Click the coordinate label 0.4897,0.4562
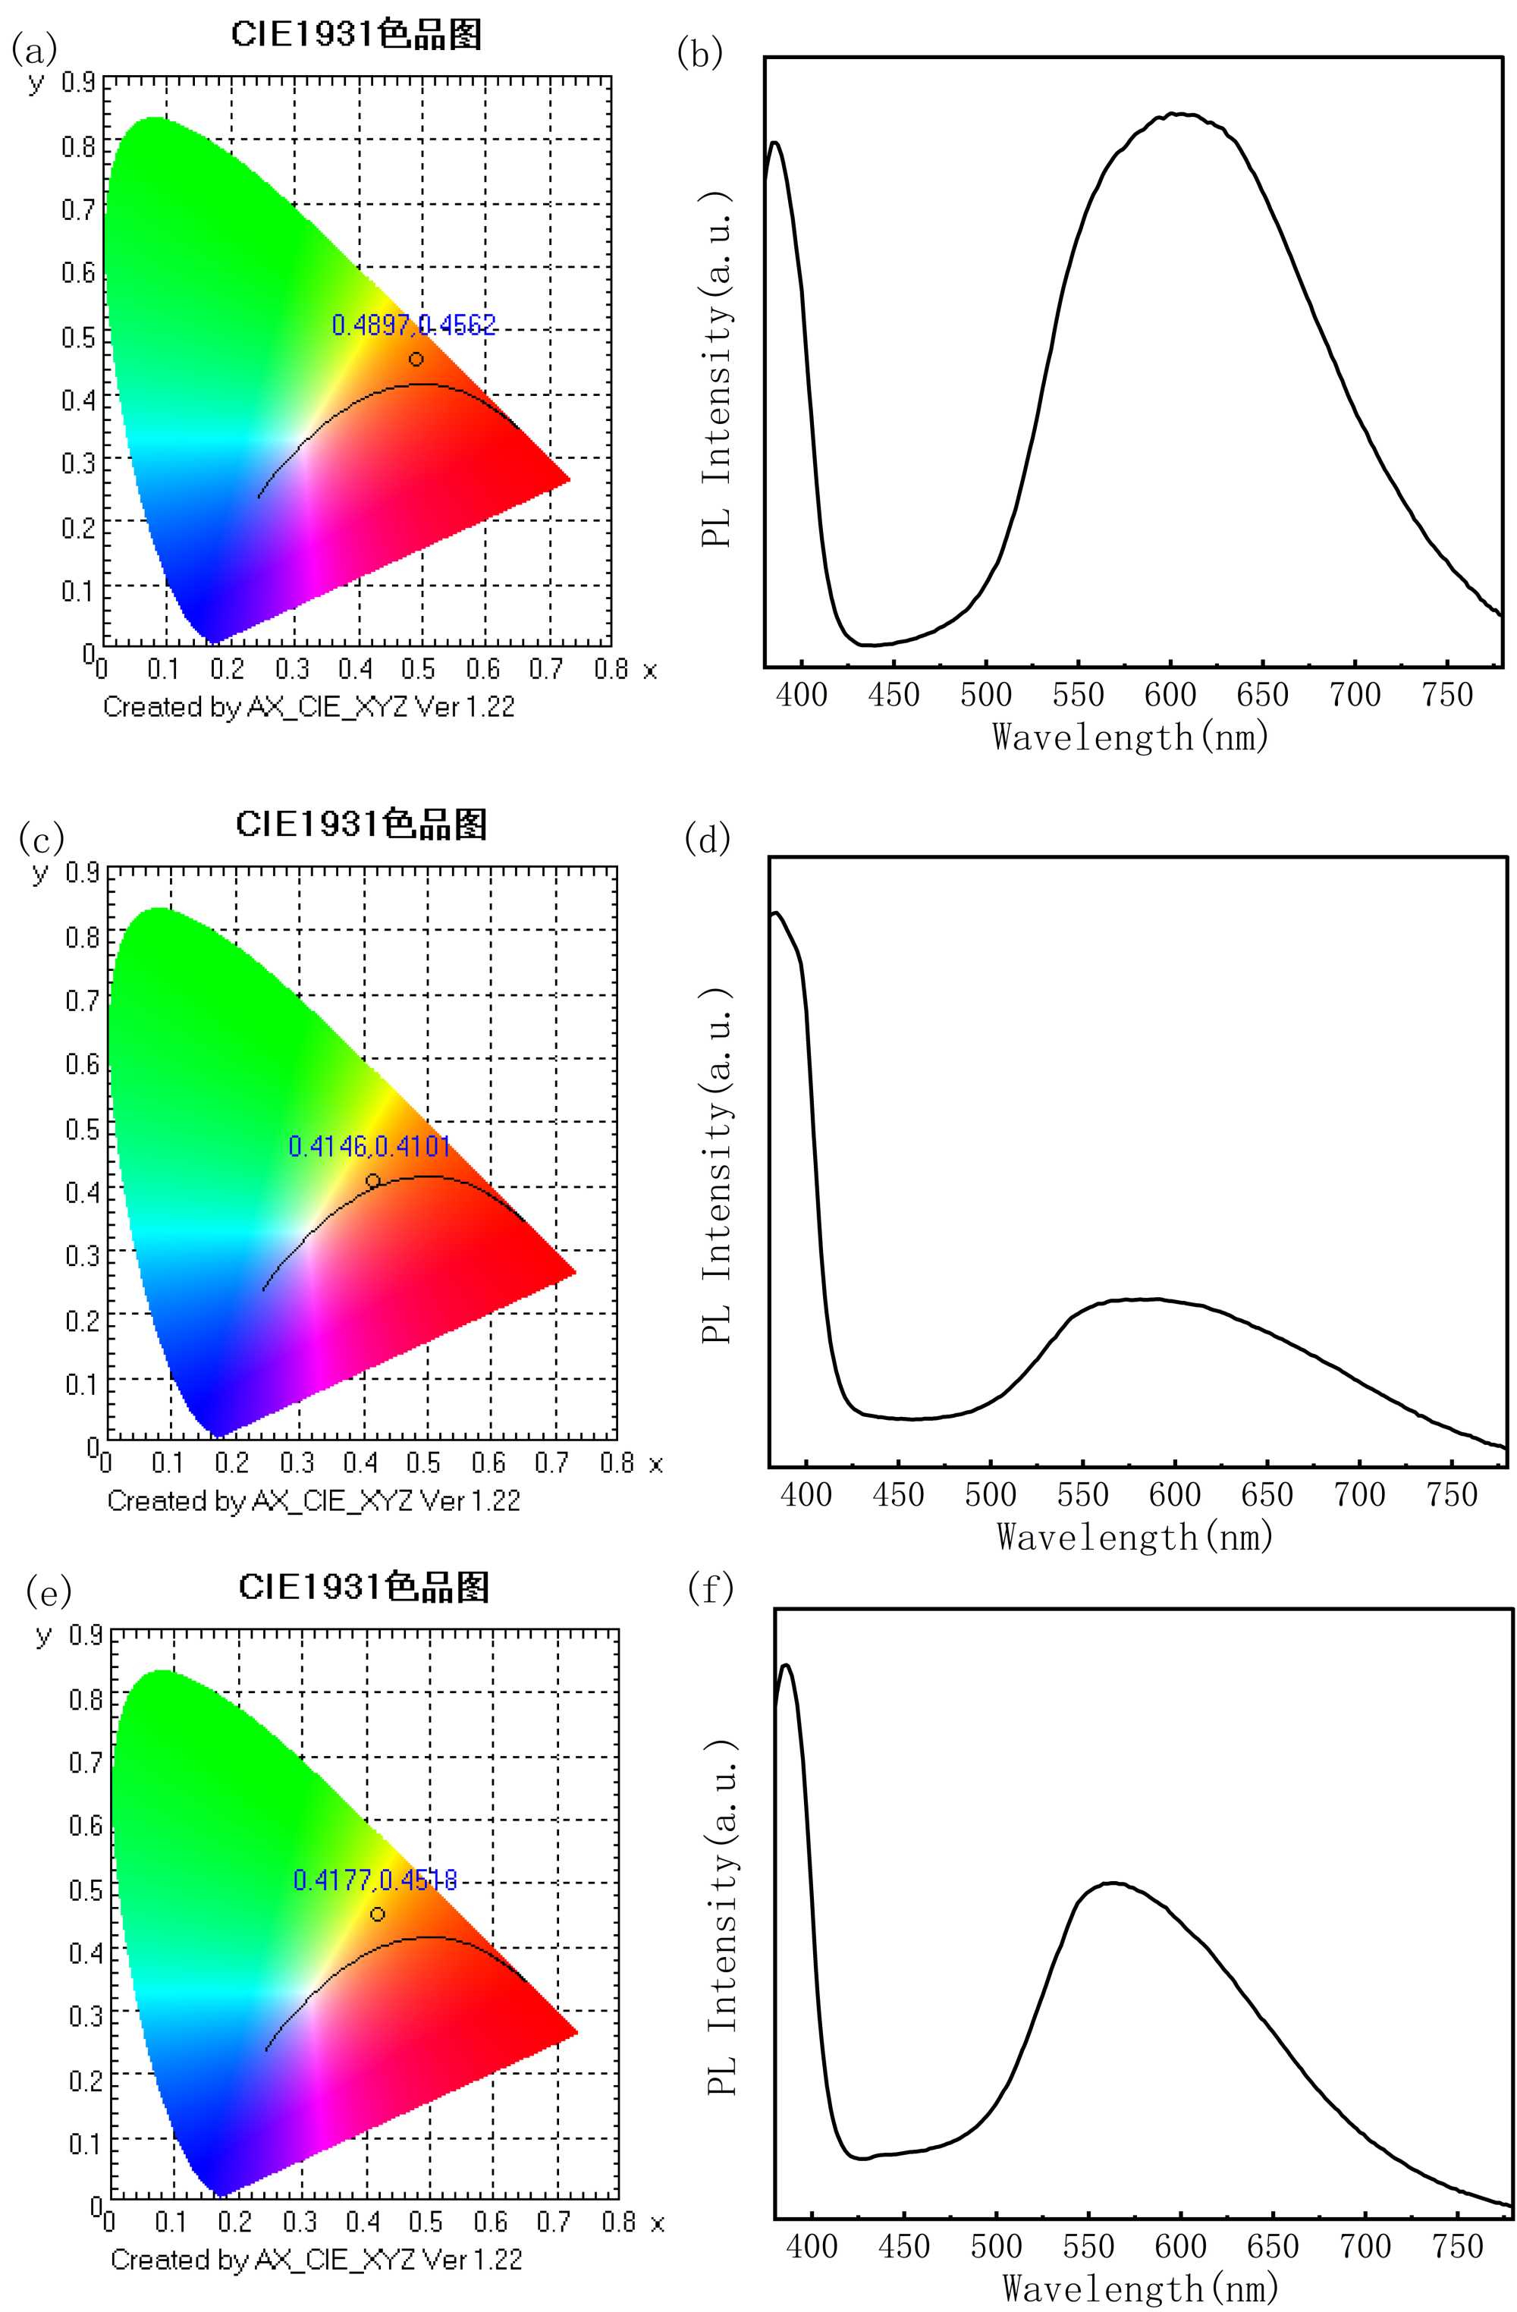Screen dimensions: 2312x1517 (x=413, y=325)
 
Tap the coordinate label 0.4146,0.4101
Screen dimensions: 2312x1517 (x=369, y=1146)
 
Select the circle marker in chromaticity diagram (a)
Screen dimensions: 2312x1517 (x=416, y=360)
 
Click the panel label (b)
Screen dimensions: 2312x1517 (x=699, y=53)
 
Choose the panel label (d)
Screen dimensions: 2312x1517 (x=707, y=838)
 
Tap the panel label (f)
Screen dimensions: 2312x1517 (x=710, y=1589)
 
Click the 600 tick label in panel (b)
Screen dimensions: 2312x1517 (x=1170, y=695)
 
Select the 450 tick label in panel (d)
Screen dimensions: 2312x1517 (x=897, y=1495)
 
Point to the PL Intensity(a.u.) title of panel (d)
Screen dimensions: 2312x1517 (x=717, y=1166)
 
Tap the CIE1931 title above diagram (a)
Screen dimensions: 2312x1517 (x=356, y=35)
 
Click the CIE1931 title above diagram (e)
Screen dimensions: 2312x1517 (x=363, y=1588)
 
